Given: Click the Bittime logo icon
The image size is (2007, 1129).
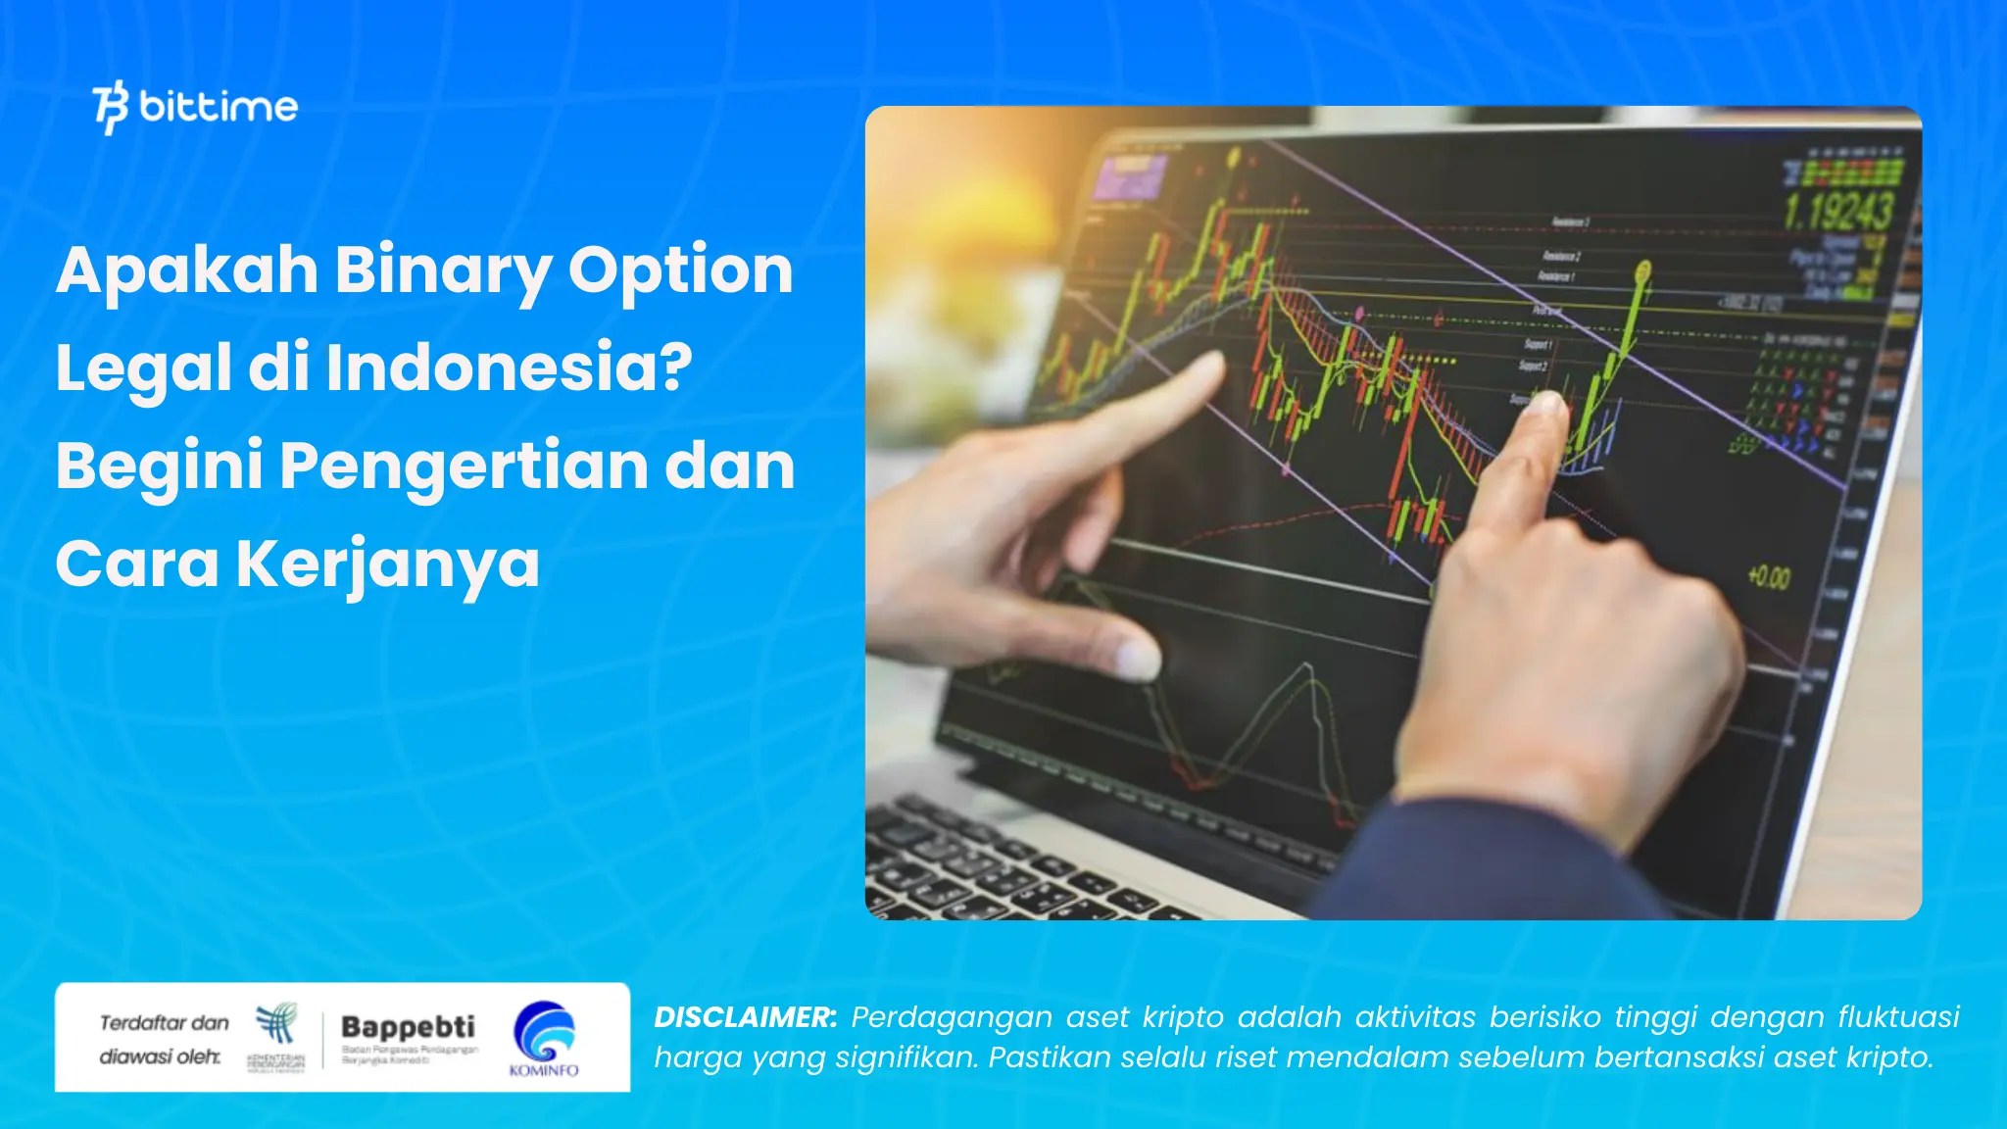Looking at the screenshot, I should pos(110,107).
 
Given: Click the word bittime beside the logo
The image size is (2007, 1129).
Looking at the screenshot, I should pos(219,106).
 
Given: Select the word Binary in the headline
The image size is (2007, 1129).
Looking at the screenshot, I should pos(442,270).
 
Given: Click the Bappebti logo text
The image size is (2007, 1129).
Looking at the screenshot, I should pos(408,1026).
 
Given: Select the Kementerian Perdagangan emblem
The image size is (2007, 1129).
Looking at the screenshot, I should pos(276,1024).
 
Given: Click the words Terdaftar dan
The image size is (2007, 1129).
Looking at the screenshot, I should pos(164,1023).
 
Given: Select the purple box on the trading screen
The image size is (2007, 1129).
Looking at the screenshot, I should pos(1130,176).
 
